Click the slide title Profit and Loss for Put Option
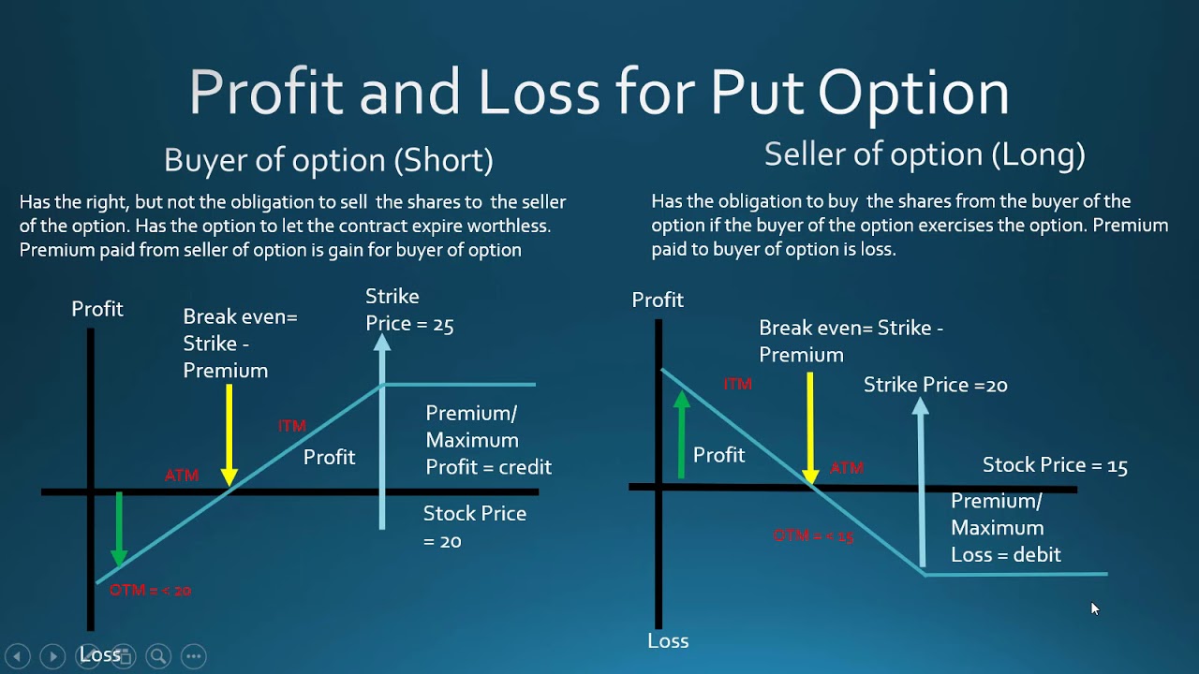tap(599, 93)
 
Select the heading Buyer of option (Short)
tap(328, 160)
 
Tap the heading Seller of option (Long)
tap(925, 154)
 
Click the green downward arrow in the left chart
tap(119, 529)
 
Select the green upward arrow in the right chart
tap(682, 434)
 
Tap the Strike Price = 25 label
tap(409, 310)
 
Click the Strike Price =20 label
tap(935, 385)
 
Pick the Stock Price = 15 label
tap(1055, 465)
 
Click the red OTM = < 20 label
tap(150, 591)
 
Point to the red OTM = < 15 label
tap(813, 536)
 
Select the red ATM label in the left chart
tap(182, 476)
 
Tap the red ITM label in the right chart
tap(737, 384)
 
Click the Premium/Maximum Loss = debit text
tap(1005, 528)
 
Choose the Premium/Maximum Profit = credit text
tap(488, 440)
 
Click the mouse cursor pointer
tap(1094, 608)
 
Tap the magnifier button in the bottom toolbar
tap(158, 656)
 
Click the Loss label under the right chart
tap(668, 641)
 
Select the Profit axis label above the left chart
tap(97, 309)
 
